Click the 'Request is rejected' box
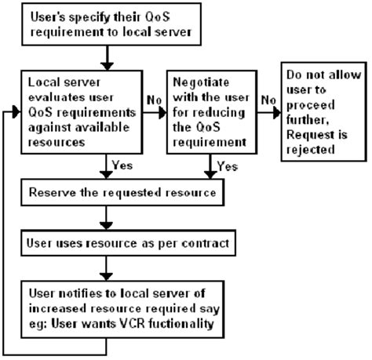pos(324,111)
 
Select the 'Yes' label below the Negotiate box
pos(227,167)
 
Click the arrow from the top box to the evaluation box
pos(105,56)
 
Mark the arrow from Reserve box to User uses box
pos(105,217)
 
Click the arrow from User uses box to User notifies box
pos(105,270)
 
